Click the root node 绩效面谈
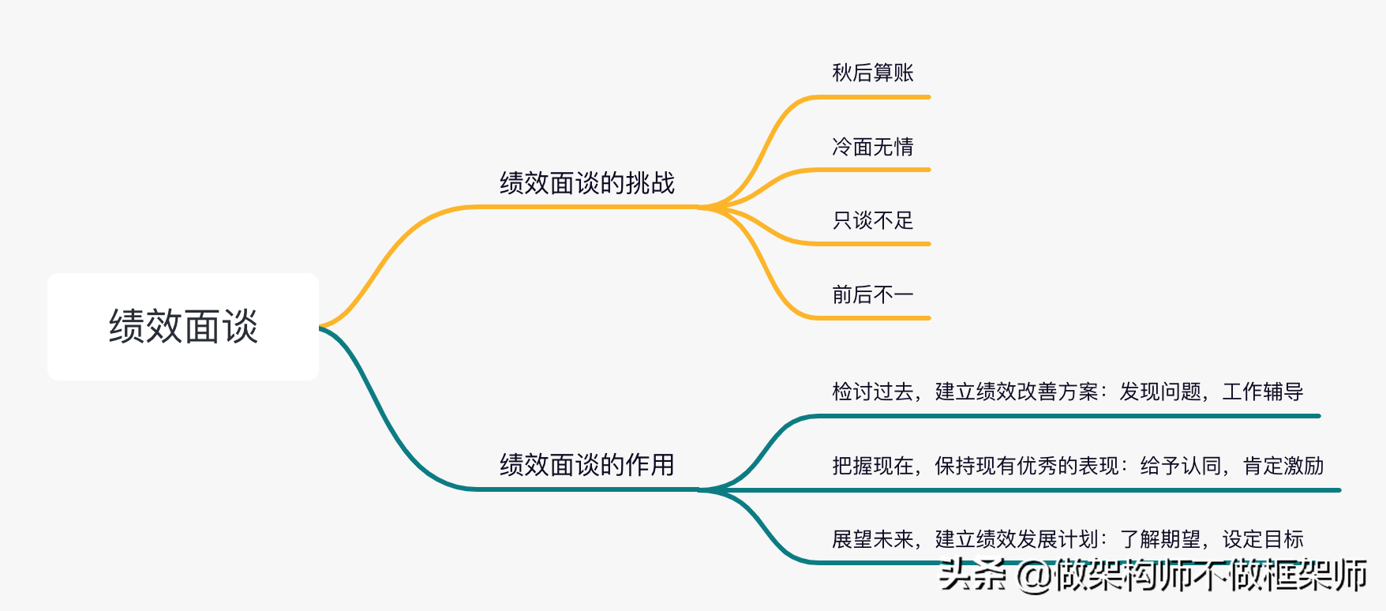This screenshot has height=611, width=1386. coord(183,327)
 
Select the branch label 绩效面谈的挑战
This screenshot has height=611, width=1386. coord(586,183)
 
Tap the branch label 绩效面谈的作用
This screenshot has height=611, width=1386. coord(586,464)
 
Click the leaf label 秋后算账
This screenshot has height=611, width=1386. coord(872,73)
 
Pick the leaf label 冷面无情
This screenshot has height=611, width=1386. coord(872,147)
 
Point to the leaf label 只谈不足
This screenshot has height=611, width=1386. coord(872,220)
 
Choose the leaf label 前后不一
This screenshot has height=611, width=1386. coord(872,294)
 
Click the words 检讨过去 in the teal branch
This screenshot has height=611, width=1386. coord(872,392)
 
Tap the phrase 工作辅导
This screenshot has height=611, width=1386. coord(1262,392)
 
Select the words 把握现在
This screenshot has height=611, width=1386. coord(872,466)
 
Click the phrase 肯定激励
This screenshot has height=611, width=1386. coord(1283,466)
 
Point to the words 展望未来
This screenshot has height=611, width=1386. coord(872,539)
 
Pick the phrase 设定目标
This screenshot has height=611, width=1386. coord(1262,539)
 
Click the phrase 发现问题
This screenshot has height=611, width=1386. coord(1159,392)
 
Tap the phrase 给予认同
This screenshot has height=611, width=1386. coord(1180,466)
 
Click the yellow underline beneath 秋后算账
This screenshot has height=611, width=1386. coord(872,97)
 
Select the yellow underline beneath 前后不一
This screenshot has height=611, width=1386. coord(872,318)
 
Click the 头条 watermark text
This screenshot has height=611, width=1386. coord(972,575)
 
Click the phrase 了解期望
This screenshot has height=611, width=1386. coord(1159,539)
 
